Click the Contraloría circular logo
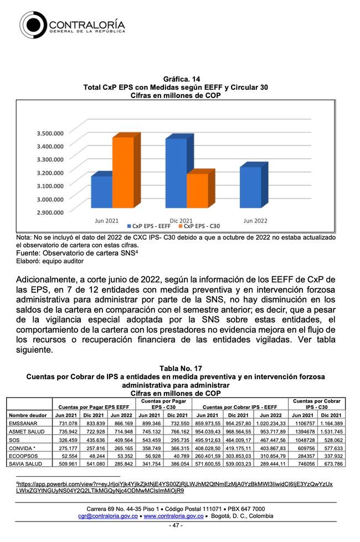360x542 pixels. pos(34,25)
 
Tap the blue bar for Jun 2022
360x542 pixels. pos(250,188)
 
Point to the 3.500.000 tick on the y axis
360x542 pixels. pos(50,133)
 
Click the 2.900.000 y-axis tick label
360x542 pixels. pos(50,212)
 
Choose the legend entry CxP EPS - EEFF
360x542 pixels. pos(150,226)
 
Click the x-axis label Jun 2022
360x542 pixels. pos(255,220)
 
